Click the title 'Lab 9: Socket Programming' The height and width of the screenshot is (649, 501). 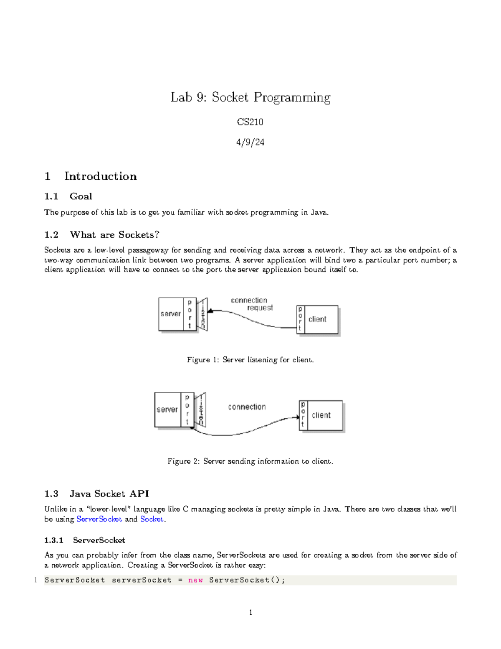coord(250,97)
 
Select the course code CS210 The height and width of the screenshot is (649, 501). coord(250,122)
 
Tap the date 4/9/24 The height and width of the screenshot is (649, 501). coord(250,143)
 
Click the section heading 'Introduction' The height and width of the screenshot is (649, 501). coord(100,176)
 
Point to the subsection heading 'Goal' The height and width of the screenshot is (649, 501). coord(81,196)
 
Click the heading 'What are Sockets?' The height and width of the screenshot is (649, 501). coord(114,235)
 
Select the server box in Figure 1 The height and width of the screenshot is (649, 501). coord(171,314)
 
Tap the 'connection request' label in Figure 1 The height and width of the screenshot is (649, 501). coord(252,304)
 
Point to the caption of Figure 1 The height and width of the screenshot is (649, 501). coord(250,360)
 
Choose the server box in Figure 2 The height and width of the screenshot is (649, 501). coord(167,410)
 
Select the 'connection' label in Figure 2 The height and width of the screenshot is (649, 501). coord(247,407)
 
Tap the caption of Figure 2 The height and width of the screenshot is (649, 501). coord(250,461)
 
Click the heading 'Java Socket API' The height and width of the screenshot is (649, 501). coord(109,494)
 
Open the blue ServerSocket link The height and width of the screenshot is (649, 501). coord(99,519)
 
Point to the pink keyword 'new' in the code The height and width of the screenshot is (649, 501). coord(195,580)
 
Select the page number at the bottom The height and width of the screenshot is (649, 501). coord(250,613)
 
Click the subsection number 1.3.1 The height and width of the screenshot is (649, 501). coord(54,540)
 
